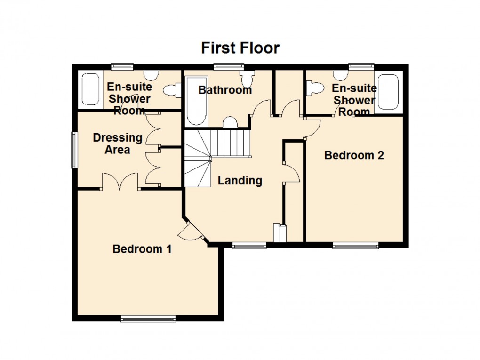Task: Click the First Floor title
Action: click(x=240, y=48)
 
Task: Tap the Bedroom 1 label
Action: click(x=142, y=249)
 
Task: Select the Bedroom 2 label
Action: click(x=354, y=155)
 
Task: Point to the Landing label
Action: click(x=240, y=180)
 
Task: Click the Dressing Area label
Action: click(x=117, y=144)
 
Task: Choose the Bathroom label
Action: click(x=225, y=90)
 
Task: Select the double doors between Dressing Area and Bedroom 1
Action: click(x=120, y=183)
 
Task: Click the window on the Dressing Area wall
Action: click(x=73, y=150)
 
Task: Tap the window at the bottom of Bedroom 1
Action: click(x=148, y=319)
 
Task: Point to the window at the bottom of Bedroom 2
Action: click(x=355, y=245)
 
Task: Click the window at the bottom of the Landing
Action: click(x=249, y=245)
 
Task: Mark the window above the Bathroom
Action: click(x=225, y=66)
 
